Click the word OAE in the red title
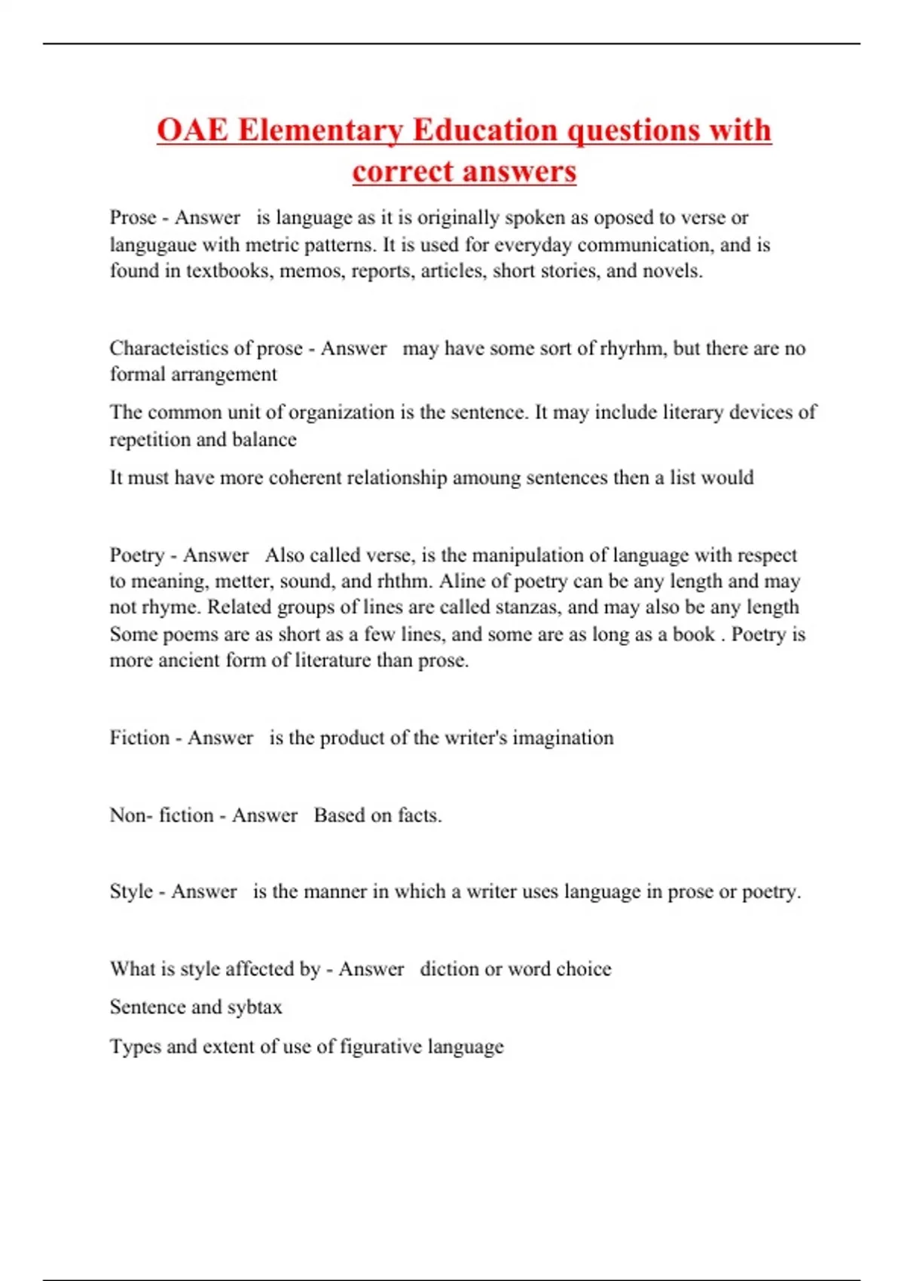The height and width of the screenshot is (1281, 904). point(192,130)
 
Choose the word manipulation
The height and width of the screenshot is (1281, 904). point(525,555)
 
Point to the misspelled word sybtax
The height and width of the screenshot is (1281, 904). point(255,1007)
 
